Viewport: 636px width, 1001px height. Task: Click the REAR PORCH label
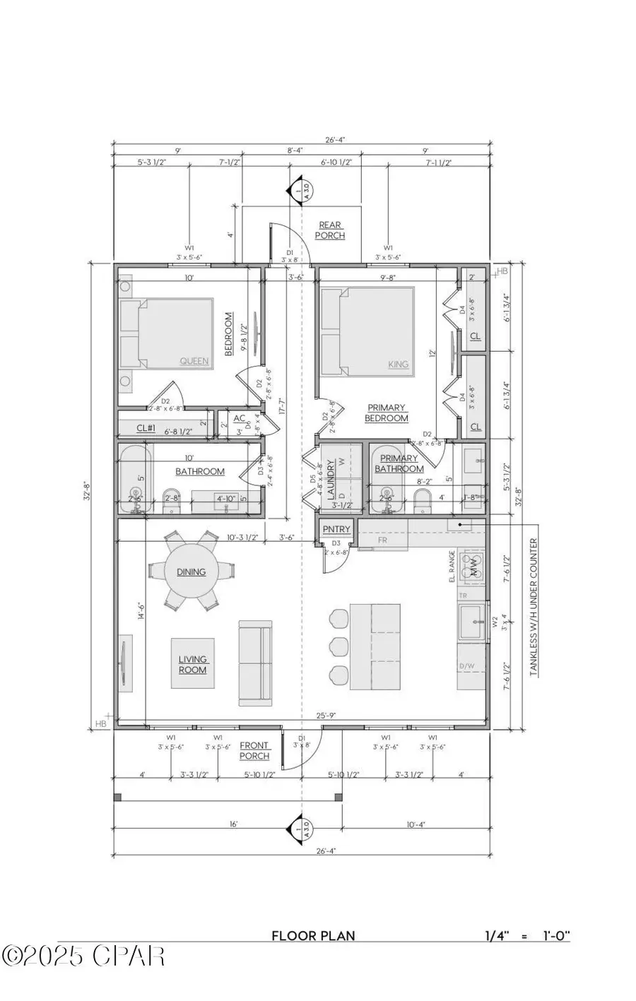[330, 230]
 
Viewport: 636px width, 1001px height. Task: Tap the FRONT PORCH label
[254, 750]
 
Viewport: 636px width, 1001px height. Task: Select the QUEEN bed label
[194, 361]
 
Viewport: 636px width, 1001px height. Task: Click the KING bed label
[399, 365]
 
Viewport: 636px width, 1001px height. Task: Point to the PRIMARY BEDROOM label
[387, 413]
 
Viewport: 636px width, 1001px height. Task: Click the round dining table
[191, 571]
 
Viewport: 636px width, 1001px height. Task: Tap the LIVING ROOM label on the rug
[192, 664]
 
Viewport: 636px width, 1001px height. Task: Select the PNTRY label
[336, 529]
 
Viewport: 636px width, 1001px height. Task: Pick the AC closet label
[239, 417]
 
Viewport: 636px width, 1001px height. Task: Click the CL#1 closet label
[146, 428]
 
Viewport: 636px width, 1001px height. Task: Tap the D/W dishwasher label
[466, 665]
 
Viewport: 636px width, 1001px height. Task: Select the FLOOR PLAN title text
[314, 936]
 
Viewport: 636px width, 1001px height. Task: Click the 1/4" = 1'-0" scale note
[527, 936]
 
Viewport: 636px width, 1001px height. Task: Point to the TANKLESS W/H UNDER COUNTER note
[534, 608]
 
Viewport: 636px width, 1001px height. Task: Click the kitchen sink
[471, 623]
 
